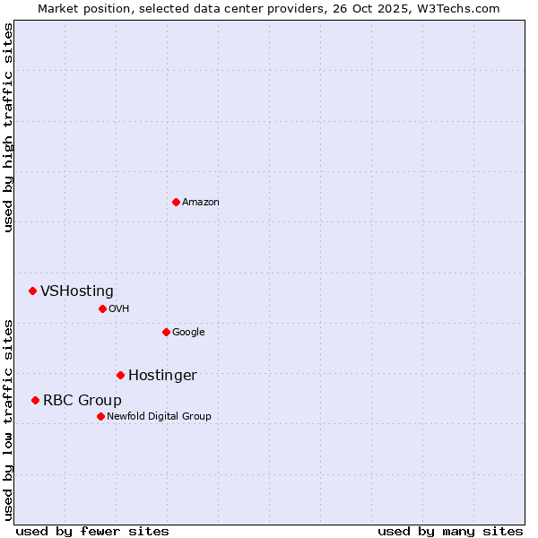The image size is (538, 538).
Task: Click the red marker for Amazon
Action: (176, 202)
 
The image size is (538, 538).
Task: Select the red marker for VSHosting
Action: (32, 291)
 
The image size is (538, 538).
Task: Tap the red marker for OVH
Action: (102, 308)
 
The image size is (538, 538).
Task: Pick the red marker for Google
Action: (166, 332)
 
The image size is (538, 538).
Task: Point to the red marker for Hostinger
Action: (120, 375)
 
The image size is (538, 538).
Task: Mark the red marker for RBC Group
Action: (35, 400)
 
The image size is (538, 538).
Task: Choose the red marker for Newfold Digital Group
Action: (100, 416)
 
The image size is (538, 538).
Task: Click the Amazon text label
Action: (201, 203)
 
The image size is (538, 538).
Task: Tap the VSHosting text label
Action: (77, 291)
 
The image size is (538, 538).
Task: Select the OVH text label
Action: (119, 309)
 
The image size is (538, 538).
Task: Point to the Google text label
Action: (188, 333)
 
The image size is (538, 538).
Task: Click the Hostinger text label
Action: (162, 376)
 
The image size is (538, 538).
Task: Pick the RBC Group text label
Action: (82, 401)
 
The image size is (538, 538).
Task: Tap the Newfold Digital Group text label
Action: (160, 417)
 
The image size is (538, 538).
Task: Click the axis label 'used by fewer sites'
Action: (92, 531)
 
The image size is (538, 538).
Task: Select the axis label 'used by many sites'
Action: (450, 531)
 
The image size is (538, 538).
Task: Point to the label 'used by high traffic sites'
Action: (8, 127)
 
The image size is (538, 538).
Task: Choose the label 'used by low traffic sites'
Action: (8, 420)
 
